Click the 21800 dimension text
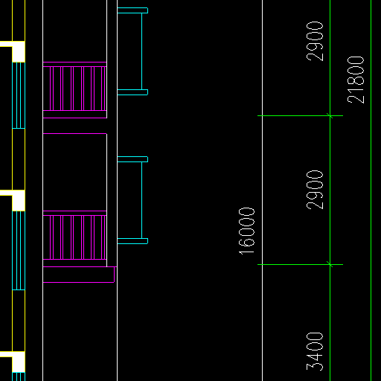coord(356,80)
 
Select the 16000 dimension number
coord(246,231)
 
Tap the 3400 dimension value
coord(315,352)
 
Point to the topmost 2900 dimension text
coord(315,41)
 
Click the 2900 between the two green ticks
coord(315,190)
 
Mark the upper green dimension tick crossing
coord(330,115)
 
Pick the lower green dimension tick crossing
coord(330,264)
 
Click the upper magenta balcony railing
coord(74,90)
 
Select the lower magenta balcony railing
coord(74,239)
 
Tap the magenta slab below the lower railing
coord(79,275)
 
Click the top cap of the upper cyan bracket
coord(132,10)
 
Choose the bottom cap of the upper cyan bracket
coord(132,92)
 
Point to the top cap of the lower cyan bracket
coord(132,159)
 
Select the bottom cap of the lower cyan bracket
coord(132,241)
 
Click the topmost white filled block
coord(19,51)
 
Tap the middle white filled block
coord(19,200)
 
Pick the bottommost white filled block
coord(19,362)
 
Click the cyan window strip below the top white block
coord(19,95)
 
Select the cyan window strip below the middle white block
coord(19,250)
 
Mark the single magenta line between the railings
coord(74,133)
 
